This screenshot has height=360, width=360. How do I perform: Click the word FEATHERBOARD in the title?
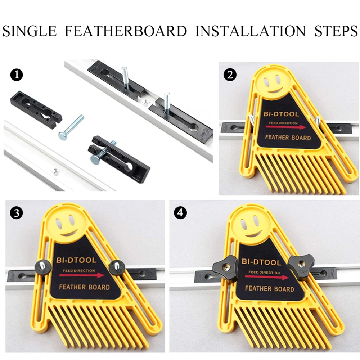pyautogui.click(x=126, y=31)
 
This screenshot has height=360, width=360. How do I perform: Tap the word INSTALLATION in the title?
pyautogui.click(x=251, y=31)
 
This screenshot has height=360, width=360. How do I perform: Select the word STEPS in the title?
pyautogui.click(x=336, y=31)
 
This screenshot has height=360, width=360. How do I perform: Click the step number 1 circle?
pyautogui.click(x=17, y=75)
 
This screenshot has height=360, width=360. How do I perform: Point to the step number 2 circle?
pyautogui.click(x=230, y=75)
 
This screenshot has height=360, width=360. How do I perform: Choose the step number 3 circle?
pyautogui.click(x=17, y=213)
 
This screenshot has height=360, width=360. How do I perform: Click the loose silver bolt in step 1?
pyautogui.click(x=71, y=127)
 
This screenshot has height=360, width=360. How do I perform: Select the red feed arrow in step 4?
pyautogui.click(x=267, y=277)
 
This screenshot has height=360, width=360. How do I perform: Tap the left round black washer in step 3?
pyautogui.click(x=43, y=267)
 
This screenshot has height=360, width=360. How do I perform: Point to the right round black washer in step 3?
pyautogui.click(x=117, y=267)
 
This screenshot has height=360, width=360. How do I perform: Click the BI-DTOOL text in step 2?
pyautogui.click(x=282, y=114)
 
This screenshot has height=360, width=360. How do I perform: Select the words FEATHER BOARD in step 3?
pyautogui.click(x=84, y=287)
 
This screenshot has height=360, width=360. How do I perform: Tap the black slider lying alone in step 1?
pyautogui.click(x=36, y=109)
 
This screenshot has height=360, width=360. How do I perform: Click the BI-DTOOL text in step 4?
pyautogui.click(x=261, y=262)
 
